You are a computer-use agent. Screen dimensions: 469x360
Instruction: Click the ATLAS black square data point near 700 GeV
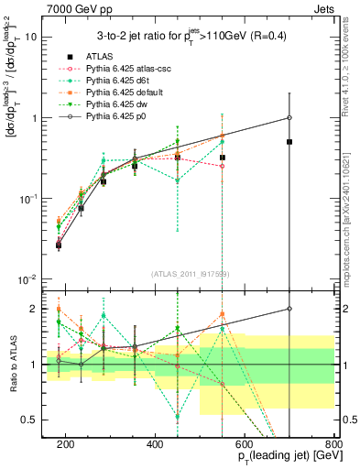(289, 142)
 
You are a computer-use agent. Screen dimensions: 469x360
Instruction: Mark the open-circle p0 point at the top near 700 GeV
(289, 117)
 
